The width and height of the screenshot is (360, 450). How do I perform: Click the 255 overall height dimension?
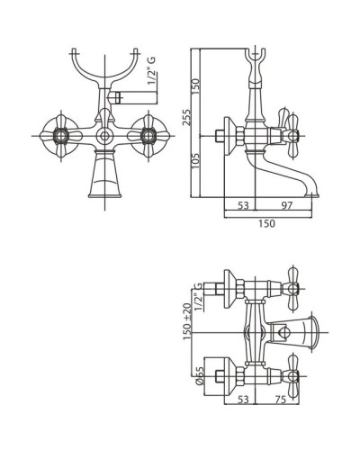coord(186,118)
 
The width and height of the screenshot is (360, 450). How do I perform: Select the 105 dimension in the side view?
coord(195,161)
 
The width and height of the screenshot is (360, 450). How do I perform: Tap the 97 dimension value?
coord(287,205)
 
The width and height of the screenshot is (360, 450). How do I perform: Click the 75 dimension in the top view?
coord(280,400)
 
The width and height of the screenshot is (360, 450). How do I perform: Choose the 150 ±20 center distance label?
coord(187,321)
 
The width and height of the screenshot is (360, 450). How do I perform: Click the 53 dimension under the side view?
coord(243,205)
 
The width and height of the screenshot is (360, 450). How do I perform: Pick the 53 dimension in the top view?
coord(243,400)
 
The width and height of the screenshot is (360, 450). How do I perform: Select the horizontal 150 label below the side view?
coord(266,223)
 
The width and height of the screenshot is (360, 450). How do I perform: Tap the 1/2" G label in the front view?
coord(152,71)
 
